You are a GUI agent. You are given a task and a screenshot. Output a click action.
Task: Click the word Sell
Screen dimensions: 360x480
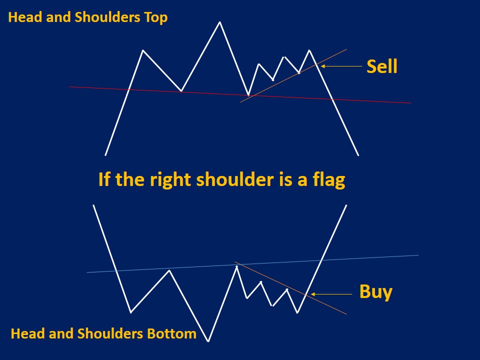pos(382,66)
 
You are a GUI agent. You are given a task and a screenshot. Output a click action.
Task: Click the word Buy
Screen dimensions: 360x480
pos(375,291)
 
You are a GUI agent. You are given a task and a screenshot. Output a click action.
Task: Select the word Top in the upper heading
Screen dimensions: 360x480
pos(155,17)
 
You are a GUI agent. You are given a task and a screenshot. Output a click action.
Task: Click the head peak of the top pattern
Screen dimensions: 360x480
pos(219,22)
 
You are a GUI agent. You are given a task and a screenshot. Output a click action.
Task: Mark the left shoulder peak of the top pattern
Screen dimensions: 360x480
pos(143,50)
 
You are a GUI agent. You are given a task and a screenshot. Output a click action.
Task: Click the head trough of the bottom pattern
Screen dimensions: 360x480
pos(208,341)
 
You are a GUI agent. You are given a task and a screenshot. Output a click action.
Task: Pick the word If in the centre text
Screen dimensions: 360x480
pos(103,179)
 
